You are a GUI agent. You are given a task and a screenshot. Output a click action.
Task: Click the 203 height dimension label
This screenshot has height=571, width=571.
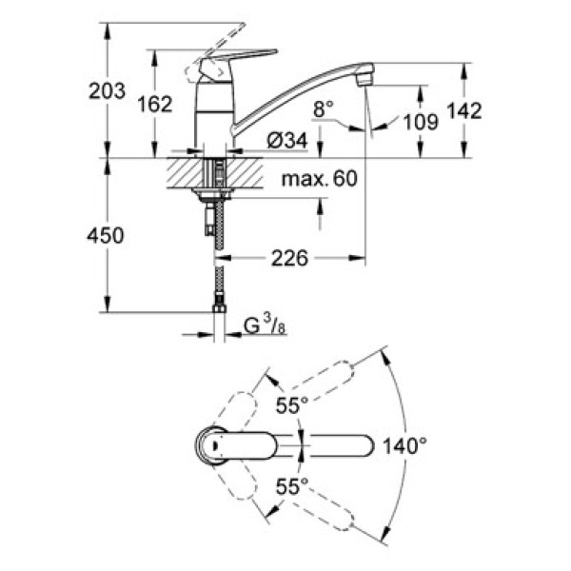(x=107, y=91)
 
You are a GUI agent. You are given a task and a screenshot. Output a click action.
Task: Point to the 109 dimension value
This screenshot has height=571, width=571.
(x=419, y=121)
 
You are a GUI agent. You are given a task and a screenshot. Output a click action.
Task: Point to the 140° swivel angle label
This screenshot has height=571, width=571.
(x=405, y=443)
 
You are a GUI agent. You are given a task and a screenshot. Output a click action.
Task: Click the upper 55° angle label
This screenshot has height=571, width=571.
(x=291, y=404)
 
